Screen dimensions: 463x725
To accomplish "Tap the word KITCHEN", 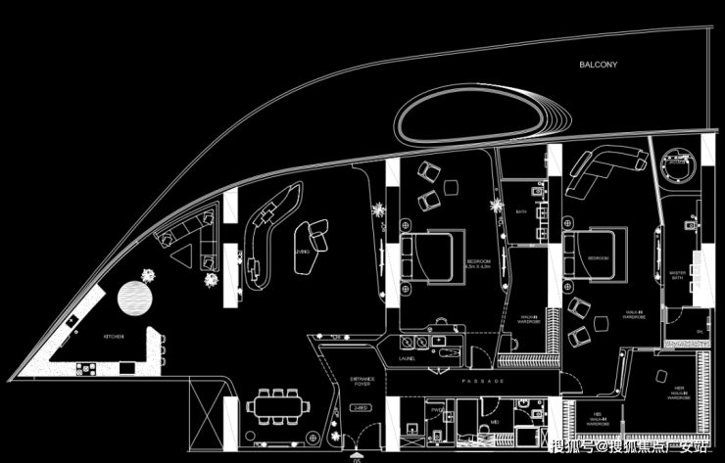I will click(114, 337).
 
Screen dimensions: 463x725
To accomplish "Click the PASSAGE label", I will click(484, 380).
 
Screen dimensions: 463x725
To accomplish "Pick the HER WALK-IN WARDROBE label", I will click(678, 394).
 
